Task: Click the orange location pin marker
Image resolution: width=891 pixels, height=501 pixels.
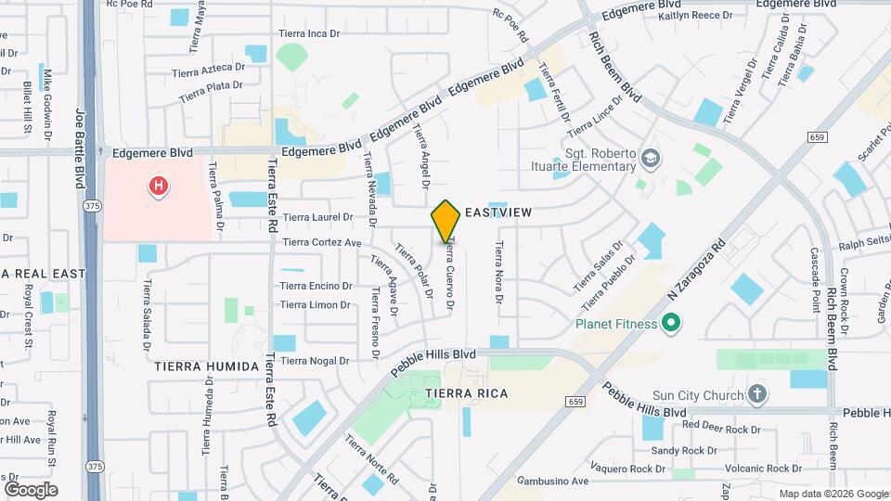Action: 446,221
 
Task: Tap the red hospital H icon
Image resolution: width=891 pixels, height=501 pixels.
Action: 159,187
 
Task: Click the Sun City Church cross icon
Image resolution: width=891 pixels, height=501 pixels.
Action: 757,395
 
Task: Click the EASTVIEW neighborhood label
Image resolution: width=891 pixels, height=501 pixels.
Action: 498,212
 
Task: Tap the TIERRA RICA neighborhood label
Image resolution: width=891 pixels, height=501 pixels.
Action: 467,393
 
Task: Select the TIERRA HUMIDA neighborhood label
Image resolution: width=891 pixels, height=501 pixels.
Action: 207,366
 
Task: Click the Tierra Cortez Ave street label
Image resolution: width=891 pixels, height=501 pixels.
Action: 322,243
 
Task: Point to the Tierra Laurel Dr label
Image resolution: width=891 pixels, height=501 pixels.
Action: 318,217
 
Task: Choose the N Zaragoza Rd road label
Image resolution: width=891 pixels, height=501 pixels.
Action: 695,272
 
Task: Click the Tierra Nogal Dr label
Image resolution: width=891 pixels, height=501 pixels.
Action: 315,360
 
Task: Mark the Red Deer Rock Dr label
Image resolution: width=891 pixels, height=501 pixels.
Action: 721,426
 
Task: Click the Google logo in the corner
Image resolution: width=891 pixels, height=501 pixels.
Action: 31,489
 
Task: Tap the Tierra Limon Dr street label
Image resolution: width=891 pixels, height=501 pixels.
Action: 316,304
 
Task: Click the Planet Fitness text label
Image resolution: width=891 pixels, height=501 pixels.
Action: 616,325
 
